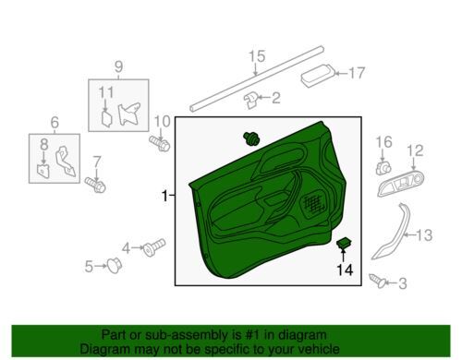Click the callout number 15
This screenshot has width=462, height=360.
[x=257, y=56]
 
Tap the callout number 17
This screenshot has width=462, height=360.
[x=357, y=73]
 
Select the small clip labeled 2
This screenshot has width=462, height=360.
[x=251, y=100]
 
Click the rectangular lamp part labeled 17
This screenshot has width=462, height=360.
[x=317, y=76]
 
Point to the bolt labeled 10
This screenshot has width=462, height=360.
[x=160, y=143]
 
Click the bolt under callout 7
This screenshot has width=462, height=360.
[x=95, y=185]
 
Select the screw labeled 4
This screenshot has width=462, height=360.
[x=154, y=247]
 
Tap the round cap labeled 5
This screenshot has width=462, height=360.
[x=115, y=265]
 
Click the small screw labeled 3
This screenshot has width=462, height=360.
[x=378, y=282]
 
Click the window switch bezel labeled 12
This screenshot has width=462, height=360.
[x=401, y=184]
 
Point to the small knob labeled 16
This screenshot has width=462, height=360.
[x=383, y=168]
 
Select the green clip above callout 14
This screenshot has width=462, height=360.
[x=345, y=243]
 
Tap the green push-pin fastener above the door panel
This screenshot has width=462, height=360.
[x=251, y=138]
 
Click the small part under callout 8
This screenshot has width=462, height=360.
[x=43, y=172]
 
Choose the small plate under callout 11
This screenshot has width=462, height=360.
[x=107, y=119]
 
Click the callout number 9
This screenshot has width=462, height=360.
[x=119, y=66]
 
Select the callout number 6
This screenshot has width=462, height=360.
[x=55, y=122]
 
